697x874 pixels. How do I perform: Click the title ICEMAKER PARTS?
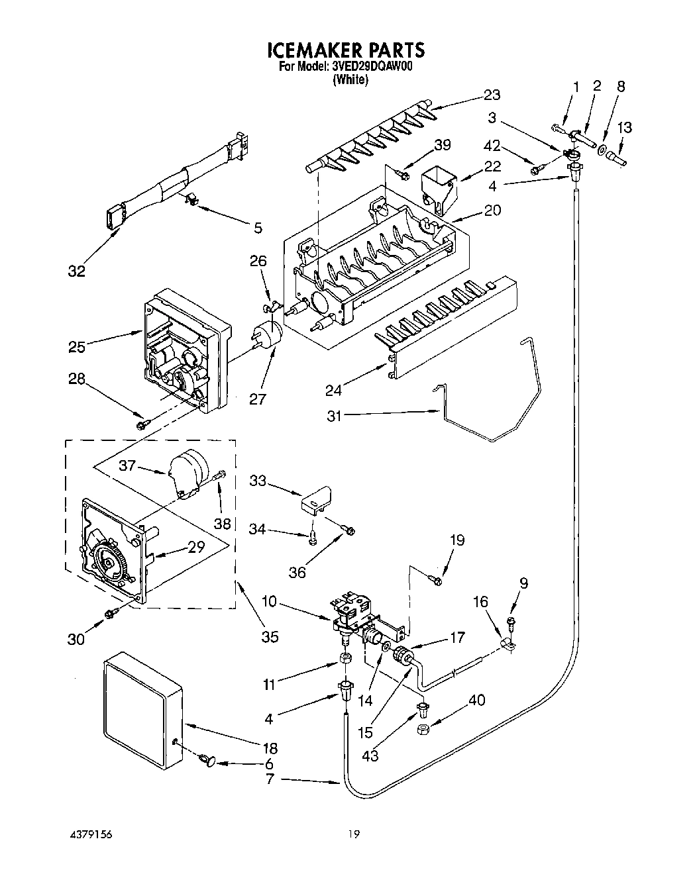click(x=345, y=50)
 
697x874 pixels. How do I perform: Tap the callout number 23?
click(x=491, y=95)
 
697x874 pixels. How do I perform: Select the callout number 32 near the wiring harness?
click(x=78, y=271)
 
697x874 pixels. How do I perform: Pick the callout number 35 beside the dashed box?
click(x=270, y=636)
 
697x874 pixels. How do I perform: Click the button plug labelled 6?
click(x=206, y=761)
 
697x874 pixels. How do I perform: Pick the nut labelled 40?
click(x=422, y=729)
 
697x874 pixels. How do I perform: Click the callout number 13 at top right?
click(x=624, y=128)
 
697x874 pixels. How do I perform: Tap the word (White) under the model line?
click(x=350, y=79)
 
